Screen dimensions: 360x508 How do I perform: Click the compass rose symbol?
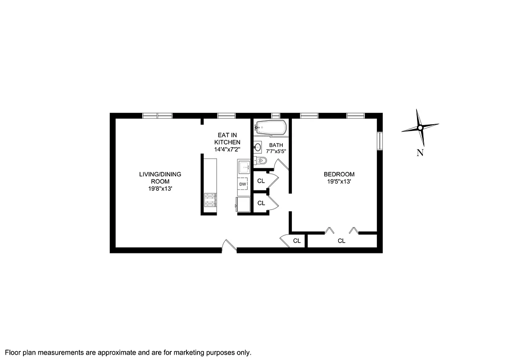point(420,128)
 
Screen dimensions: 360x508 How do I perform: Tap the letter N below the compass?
point(420,153)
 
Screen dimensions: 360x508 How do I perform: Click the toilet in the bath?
point(262,161)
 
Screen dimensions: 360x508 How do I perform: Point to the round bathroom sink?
point(258,147)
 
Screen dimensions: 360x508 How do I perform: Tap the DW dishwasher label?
point(243,184)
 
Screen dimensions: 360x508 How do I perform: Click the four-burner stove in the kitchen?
point(210,200)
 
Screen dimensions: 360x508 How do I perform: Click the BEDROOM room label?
point(339,174)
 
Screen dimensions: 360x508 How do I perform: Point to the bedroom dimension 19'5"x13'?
point(339,182)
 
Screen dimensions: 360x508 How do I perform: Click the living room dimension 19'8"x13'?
point(160,189)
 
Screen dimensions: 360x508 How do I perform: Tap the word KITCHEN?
point(227,142)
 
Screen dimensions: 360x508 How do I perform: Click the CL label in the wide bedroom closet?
point(341,241)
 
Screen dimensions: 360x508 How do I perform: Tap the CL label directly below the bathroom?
point(261,181)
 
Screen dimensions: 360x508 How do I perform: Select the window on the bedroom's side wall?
point(380,140)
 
